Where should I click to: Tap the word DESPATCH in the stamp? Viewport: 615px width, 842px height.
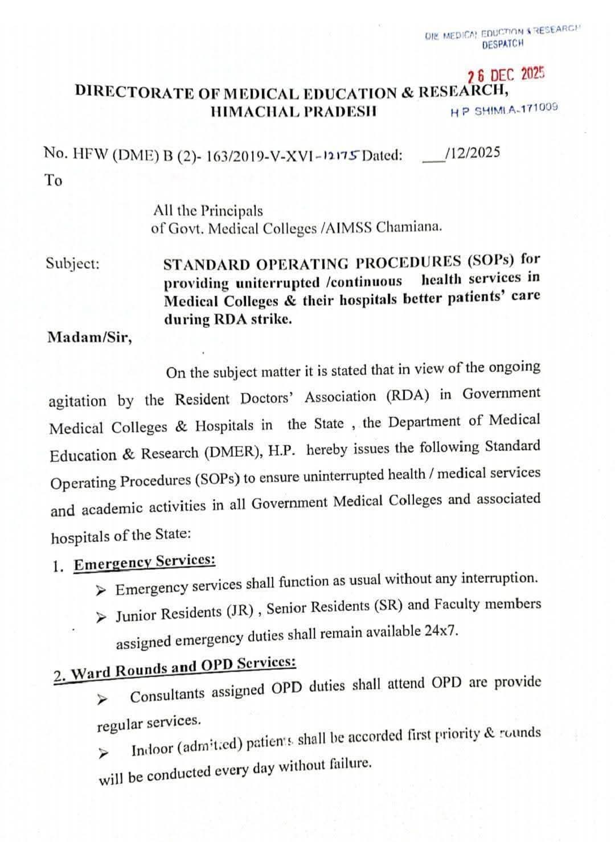[502, 44]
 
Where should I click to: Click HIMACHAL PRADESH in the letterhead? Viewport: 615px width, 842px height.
[293, 111]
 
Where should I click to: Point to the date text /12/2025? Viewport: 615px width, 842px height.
[473, 152]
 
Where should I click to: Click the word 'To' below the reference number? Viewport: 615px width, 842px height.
[54, 180]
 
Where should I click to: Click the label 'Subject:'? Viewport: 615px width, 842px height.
[72, 264]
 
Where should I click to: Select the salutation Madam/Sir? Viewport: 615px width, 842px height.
[89, 337]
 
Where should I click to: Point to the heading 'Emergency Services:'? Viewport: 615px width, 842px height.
[145, 562]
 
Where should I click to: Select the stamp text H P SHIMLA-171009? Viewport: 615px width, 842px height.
[504, 109]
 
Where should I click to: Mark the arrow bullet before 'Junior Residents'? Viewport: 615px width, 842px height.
[101, 617]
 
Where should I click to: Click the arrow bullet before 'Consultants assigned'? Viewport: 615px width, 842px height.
[102, 698]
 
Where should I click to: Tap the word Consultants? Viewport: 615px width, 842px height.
[167, 695]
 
